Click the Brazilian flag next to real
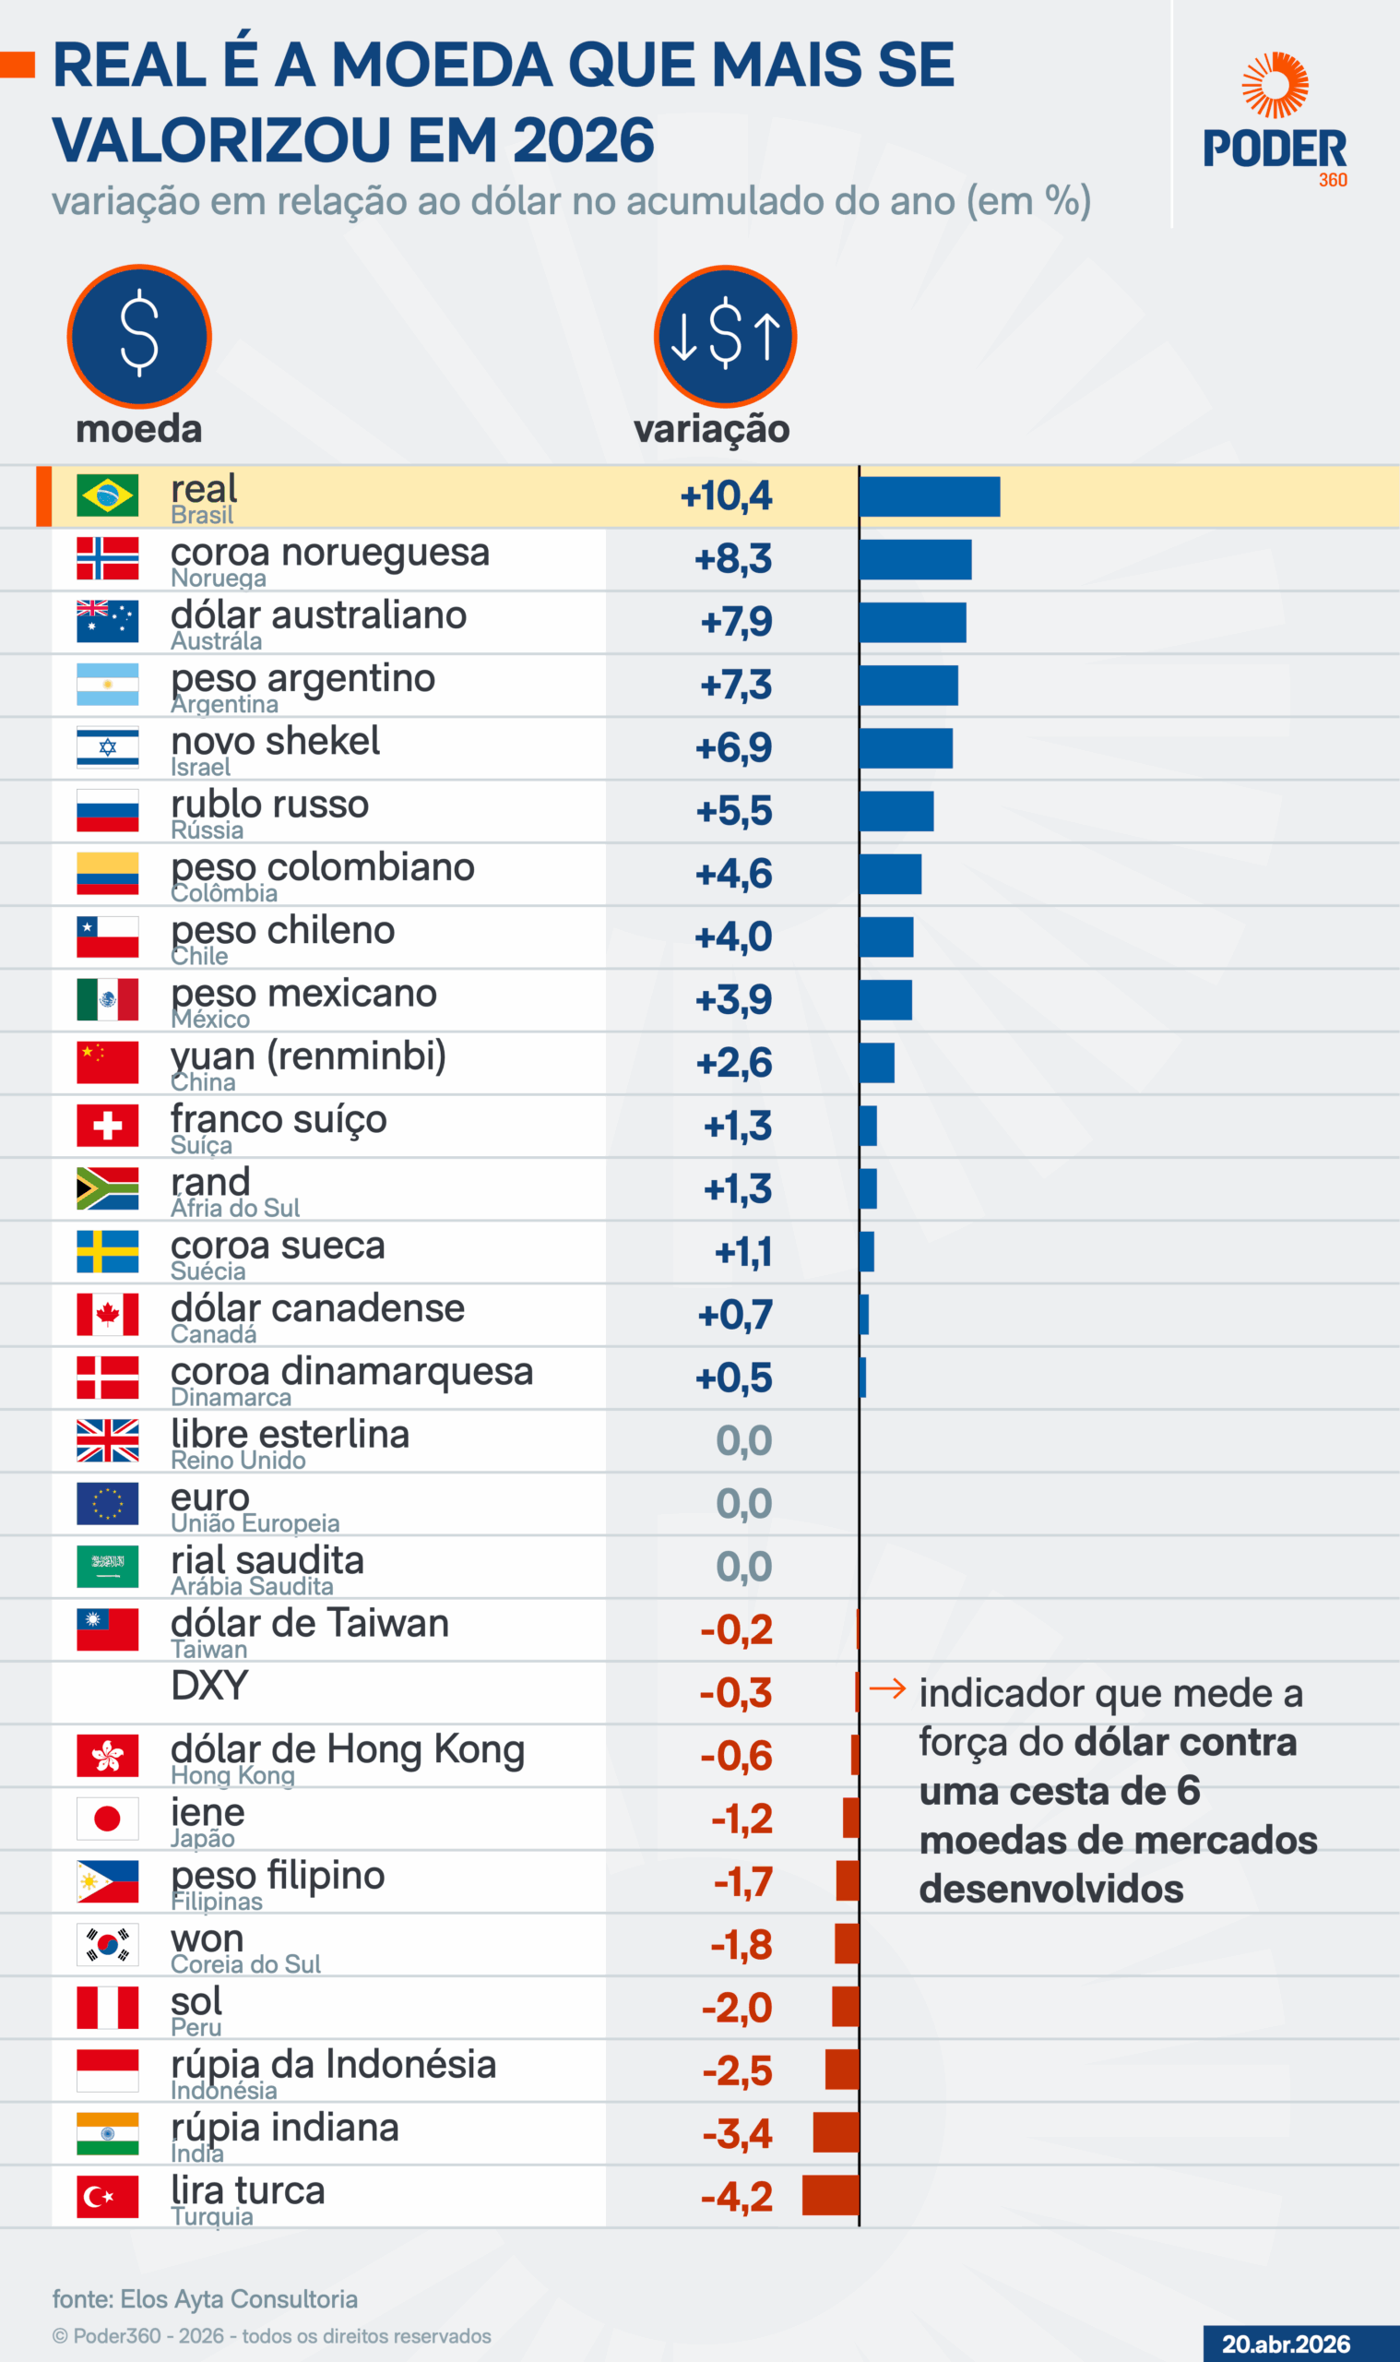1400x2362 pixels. [108, 495]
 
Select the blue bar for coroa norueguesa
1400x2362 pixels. [914, 560]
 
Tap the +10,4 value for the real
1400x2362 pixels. [726, 495]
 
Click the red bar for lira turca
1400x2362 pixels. [830, 2195]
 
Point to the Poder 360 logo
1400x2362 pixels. [1275, 119]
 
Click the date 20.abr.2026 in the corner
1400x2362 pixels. [1286, 2344]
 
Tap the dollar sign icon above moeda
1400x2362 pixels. [139, 336]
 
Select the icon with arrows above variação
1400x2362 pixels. [725, 336]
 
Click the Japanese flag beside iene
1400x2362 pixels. [108, 1819]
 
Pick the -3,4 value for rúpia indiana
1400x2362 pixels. [737, 2133]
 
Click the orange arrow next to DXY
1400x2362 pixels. [887, 1688]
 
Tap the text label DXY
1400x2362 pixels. [209, 1686]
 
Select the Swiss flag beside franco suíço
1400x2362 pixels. [108, 1125]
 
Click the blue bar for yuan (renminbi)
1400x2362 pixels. [876, 1064]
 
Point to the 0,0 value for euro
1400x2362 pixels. [743, 1503]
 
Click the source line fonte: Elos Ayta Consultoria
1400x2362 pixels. [205, 2298]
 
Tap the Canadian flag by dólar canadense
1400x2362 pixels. [108, 1315]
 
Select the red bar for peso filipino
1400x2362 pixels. [848, 1880]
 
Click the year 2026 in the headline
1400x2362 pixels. [583, 140]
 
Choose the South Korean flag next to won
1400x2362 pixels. [108, 1945]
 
